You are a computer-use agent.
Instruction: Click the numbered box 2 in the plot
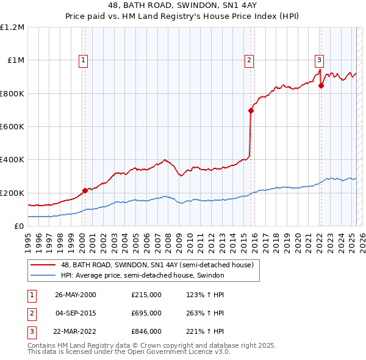[x=249, y=60]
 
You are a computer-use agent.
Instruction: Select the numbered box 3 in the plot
[x=318, y=60]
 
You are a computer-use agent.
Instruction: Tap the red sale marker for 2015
[x=251, y=110]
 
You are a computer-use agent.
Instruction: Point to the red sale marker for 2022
[x=321, y=86]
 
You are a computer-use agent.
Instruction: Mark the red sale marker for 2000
[x=85, y=190]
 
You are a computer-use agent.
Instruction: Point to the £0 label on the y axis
[x=19, y=226]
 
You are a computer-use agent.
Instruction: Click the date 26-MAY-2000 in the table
[x=76, y=295]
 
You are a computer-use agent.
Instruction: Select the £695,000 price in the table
[x=146, y=313]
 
